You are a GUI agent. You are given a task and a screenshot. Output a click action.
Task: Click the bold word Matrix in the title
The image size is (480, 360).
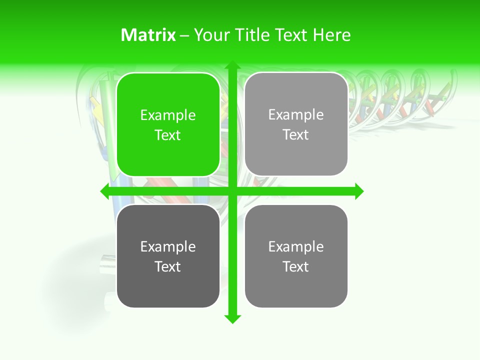148,35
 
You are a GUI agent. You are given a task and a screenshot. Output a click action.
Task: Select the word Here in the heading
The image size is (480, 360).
332,35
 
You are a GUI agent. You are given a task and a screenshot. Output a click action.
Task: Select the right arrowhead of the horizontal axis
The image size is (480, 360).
359,191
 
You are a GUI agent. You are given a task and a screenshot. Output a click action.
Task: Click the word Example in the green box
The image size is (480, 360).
168,115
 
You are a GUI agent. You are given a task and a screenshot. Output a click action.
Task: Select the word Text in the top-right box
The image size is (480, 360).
296,135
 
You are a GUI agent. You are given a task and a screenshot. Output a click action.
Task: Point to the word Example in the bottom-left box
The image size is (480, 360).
168,247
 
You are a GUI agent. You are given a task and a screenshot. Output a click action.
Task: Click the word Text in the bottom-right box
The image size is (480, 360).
296,266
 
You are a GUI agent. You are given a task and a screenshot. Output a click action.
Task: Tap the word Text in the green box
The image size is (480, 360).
168,135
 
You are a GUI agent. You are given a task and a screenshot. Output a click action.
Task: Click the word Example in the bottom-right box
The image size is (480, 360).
296,247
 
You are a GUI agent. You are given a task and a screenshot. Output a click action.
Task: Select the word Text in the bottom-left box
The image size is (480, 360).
168,266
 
